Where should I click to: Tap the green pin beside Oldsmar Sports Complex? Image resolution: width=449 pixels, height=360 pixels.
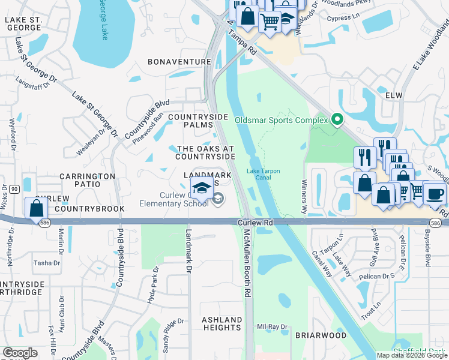pyautogui.click(x=337, y=120)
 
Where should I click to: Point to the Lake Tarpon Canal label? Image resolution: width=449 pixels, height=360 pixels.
pyautogui.click(x=263, y=174)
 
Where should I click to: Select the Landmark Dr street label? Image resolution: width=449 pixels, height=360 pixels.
pyautogui.click(x=188, y=251)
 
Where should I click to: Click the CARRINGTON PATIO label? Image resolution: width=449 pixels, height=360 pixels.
pyautogui.click(x=87, y=181)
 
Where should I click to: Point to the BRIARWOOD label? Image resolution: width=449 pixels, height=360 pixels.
pyautogui.click(x=321, y=335)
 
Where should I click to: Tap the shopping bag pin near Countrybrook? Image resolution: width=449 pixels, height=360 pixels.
pyautogui.click(x=37, y=208)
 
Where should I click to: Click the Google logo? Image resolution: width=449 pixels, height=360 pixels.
pyautogui.click(x=20, y=353)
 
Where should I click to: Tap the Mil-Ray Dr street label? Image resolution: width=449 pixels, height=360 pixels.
pyautogui.click(x=268, y=327)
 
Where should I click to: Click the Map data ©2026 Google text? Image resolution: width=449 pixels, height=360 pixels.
pyautogui.click(x=412, y=355)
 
